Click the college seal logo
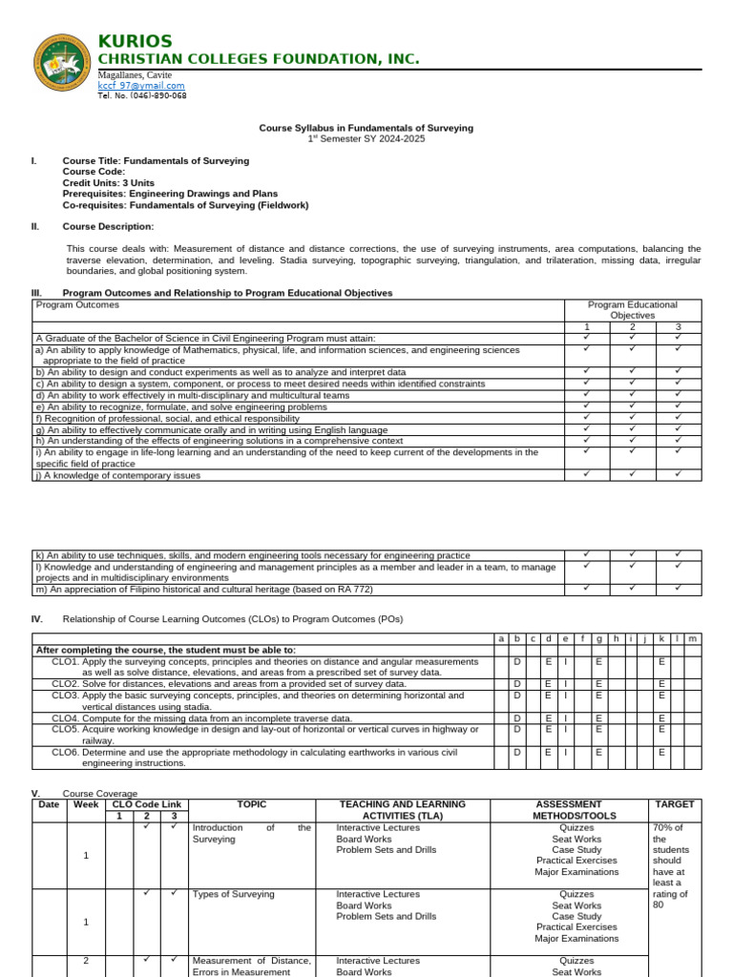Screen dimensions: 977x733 tap(64, 66)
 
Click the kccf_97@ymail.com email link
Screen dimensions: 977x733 tap(141, 86)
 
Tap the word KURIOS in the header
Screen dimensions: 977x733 tap(135, 41)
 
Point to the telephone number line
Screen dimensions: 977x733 tap(142, 96)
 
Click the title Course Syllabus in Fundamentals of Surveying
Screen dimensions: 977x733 tap(366, 128)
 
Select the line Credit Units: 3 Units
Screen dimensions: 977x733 tap(108, 182)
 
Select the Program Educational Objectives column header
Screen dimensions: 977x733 tap(632, 310)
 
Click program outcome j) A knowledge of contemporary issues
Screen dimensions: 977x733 tap(118, 475)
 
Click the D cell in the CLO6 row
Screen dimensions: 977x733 tap(516, 752)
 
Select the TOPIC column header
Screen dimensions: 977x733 tap(251, 804)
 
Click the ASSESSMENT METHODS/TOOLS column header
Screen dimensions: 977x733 tap(569, 810)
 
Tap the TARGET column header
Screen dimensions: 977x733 tap(675, 804)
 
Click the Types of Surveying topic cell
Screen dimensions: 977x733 tap(233, 895)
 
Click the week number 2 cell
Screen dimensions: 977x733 tap(85, 961)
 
